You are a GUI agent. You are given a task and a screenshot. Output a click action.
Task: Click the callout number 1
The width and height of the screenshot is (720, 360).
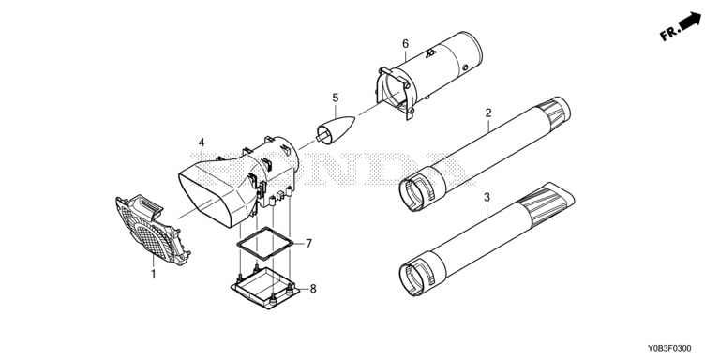(154, 274)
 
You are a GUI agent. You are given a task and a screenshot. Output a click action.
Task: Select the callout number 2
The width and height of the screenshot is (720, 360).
(488, 112)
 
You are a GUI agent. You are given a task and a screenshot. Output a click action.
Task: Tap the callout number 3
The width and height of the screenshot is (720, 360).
(487, 197)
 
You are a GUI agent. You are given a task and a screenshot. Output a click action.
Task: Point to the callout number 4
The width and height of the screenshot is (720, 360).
(202, 142)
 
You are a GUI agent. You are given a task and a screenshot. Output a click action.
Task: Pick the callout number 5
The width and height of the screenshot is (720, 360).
(336, 97)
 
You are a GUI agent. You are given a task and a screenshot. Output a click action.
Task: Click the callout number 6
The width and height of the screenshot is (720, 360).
(405, 44)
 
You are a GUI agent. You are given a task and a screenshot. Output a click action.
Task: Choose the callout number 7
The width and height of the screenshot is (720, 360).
(309, 244)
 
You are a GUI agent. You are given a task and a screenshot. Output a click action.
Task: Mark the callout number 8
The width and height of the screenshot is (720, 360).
(313, 289)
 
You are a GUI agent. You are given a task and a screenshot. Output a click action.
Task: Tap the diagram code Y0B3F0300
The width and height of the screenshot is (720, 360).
(669, 349)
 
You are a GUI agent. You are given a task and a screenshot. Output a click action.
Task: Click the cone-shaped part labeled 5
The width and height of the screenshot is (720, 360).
(336, 128)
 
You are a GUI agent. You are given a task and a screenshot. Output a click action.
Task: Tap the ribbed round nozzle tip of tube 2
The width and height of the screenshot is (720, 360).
(554, 112)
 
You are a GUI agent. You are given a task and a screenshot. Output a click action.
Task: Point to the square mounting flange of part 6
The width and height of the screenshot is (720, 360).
(394, 93)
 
